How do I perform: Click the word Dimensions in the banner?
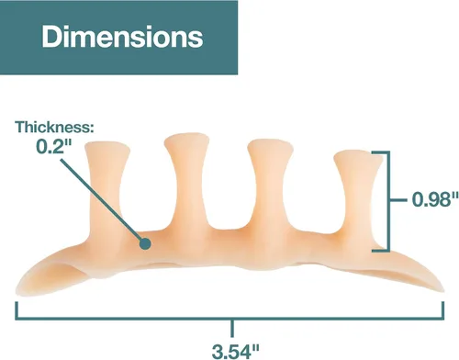pyautogui.click(x=122, y=37)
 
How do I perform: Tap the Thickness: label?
pyautogui.click(x=55, y=127)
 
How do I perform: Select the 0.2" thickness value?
pyautogui.click(x=54, y=147)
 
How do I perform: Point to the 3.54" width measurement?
pyautogui.click(x=236, y=351)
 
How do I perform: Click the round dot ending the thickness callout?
pyautogui.click(x=145, y=243)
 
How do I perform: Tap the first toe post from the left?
pyautogui.click(x=106, y=190)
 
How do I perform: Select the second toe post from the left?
pyautogui.click(x=187, y=184)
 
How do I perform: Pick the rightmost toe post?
pyautogui.click(x=357, y=196)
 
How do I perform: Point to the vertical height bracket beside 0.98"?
pyautogui.click(x=388, y=201)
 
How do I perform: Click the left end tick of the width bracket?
pyautogui.click(x=17, y=310)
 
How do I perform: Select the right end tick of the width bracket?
pyautogui.click(x=442, y=310)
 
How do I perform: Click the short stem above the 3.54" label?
pyautogui.click(x=232, y=329)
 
